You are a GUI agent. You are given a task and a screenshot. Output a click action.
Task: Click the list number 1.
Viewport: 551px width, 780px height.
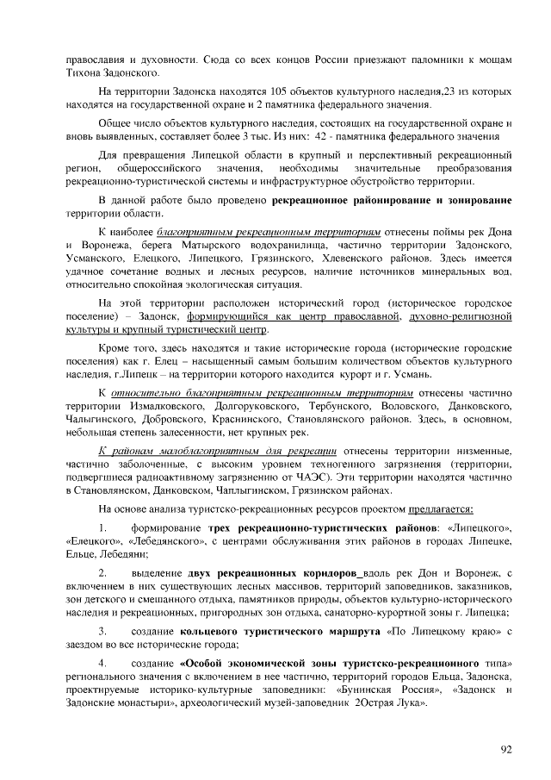coord(102,527)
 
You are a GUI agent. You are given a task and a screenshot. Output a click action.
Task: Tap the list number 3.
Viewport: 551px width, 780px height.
coord(102,633)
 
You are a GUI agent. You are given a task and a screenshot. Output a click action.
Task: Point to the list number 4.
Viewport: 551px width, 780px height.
coord(102,665)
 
